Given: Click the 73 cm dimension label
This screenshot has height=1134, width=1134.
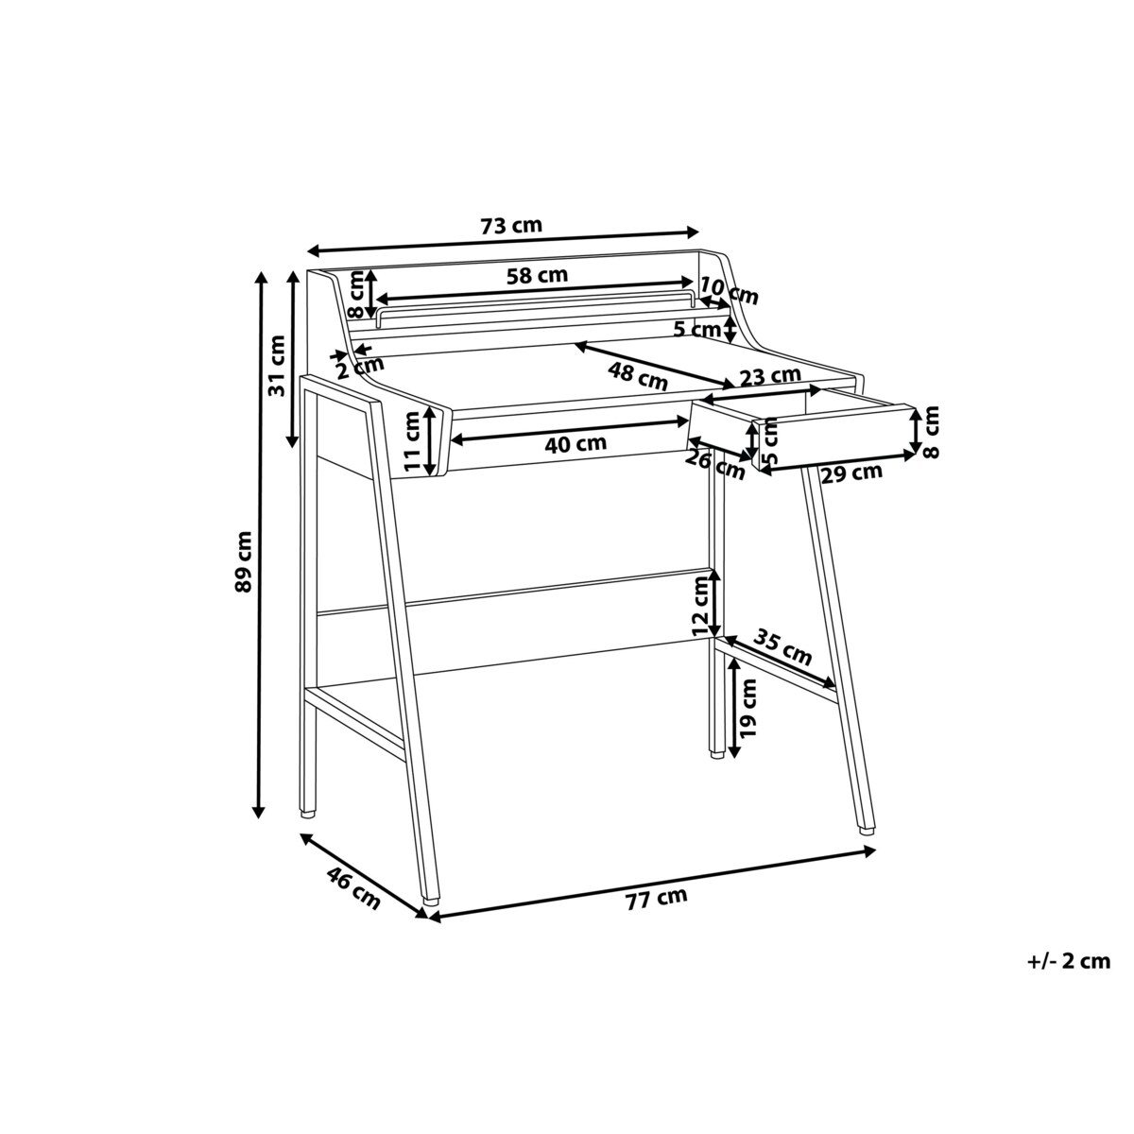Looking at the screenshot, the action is pos(511,226).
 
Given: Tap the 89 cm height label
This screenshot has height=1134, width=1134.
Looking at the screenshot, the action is pos(243,560).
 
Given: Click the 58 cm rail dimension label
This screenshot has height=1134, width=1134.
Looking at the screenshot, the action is pos(537,275).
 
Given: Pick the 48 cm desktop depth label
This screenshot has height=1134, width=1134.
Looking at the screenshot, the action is pos(638,376).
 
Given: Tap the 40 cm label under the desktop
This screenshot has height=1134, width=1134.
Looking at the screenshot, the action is pos(575,444).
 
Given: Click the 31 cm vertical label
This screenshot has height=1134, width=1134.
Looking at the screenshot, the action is pos(276,365).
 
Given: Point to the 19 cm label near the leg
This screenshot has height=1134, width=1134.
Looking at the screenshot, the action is pos(747,708).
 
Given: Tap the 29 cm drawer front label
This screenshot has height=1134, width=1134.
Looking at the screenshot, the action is pos(851,472).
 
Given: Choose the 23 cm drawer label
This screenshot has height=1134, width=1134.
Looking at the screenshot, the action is pos(770,375).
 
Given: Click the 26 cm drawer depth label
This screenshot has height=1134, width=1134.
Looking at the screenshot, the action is pos(715,465).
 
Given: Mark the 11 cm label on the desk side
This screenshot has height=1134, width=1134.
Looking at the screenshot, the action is pos(413,441).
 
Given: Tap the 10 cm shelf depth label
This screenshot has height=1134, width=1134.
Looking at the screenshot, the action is pos(730,292).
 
